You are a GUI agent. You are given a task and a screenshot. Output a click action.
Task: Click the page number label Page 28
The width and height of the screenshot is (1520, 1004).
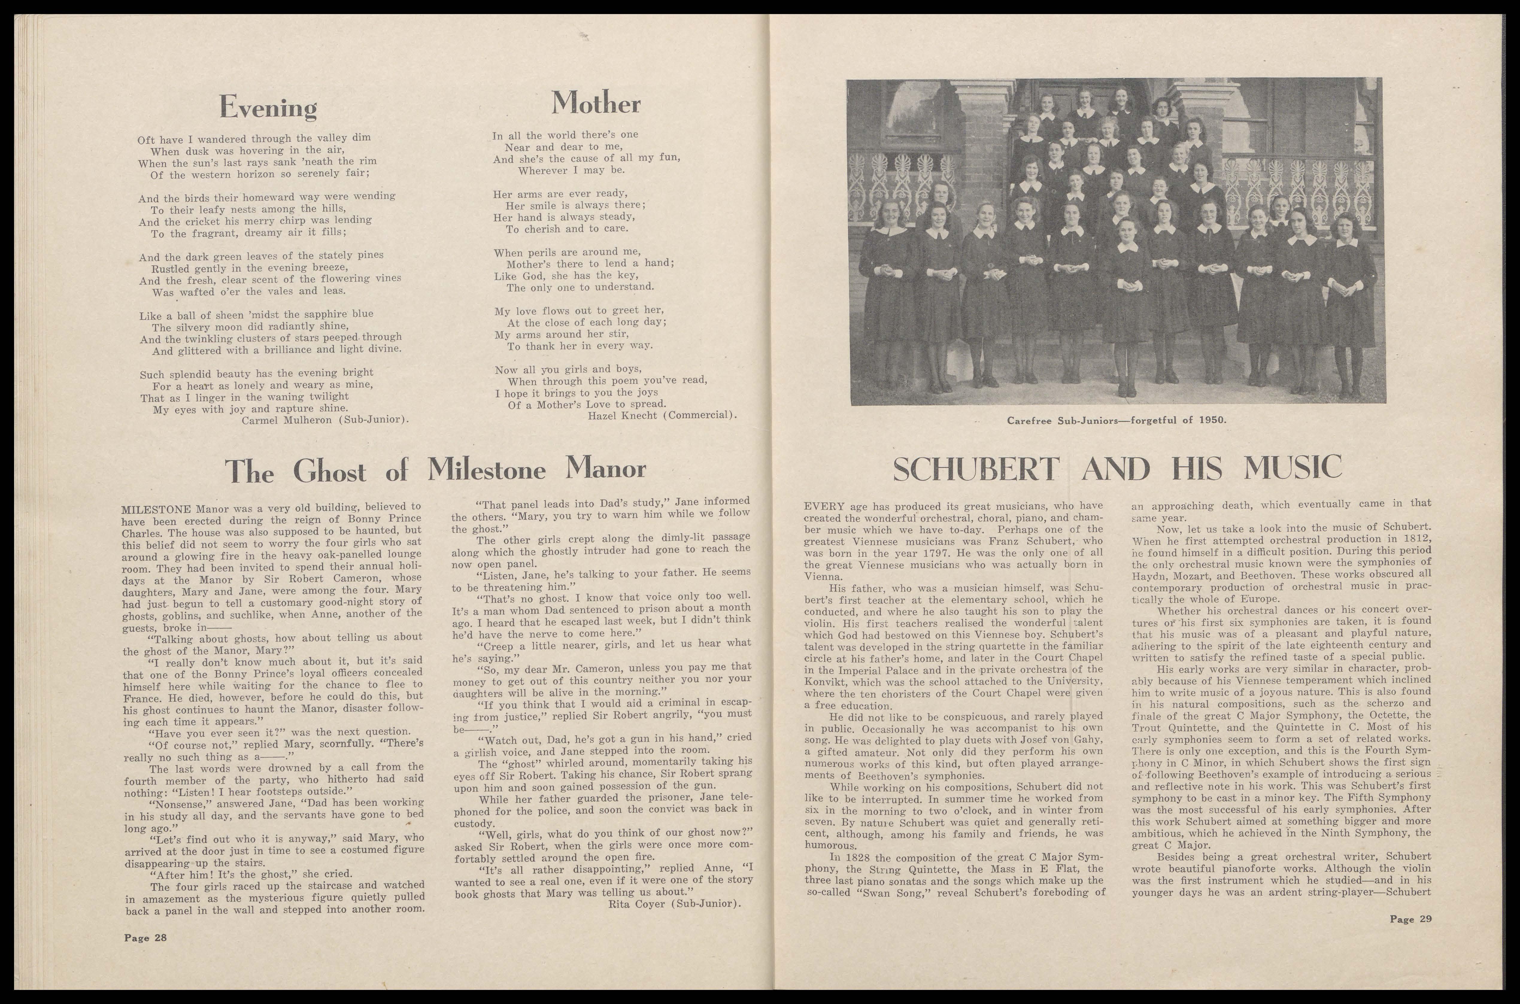145,937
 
